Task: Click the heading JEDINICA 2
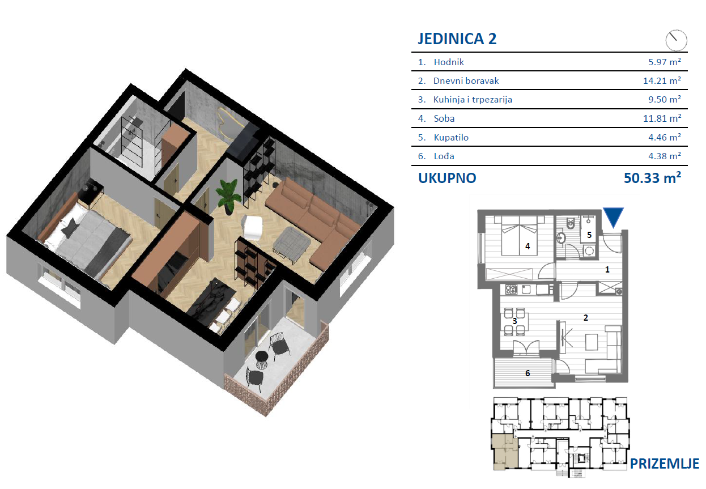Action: (x=457, y=39)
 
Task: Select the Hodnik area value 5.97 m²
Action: (x=665, y=62)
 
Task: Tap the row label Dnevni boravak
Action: (x=466, y=81)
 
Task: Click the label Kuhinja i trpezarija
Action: (x=473, y=100)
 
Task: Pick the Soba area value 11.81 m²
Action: (x=662, y=118)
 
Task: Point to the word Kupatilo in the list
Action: (x=451, y=138)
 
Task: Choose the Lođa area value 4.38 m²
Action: (x=665, y=156)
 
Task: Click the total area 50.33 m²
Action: (x=652, y=178)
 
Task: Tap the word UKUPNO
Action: (x=447, y=178)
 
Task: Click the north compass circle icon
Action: (x=677, y=40)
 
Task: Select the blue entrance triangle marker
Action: (x=613, y=218)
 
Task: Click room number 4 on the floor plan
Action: (x=528, y=246)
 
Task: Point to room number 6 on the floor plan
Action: (x=528, y=373)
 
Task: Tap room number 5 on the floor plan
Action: (x=589, y=235)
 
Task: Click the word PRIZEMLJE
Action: (x=665, y=464)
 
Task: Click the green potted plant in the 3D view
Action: (x=228, y=196)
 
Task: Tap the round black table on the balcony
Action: (x=261, y=359)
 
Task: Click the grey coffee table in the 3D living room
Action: (x=292, y=243)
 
